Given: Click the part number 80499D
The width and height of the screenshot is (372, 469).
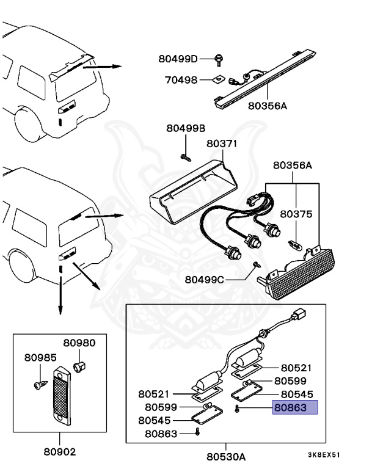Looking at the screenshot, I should [x=178, y=59].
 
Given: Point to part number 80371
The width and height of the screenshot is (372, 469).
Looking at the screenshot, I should [x=221, y=144].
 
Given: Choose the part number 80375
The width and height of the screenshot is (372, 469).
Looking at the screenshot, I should [x=296, y=214].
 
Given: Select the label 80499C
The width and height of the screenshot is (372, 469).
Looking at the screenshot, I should [x=205, y=280].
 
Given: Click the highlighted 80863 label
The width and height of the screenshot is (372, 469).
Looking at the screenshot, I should [x=294, y=409].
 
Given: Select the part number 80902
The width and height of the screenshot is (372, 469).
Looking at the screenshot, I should [x=60, y=453].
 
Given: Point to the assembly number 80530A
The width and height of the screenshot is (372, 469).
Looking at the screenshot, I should [x=225, y=456].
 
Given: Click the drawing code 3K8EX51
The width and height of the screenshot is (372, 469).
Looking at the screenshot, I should [x=323, y=455].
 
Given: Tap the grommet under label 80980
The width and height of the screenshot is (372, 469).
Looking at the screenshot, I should [x=78, y=366].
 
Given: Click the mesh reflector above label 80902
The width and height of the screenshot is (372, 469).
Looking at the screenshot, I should [x=60, y=396].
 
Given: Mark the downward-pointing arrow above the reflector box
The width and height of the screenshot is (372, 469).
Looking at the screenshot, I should [x=60, y=299].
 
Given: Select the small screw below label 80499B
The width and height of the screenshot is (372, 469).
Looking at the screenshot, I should [x=184, y=156].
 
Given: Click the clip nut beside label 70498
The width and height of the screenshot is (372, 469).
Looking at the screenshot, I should [x=217, y=79].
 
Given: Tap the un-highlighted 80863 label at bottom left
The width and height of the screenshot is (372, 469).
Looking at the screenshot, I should [x=161, y=434].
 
